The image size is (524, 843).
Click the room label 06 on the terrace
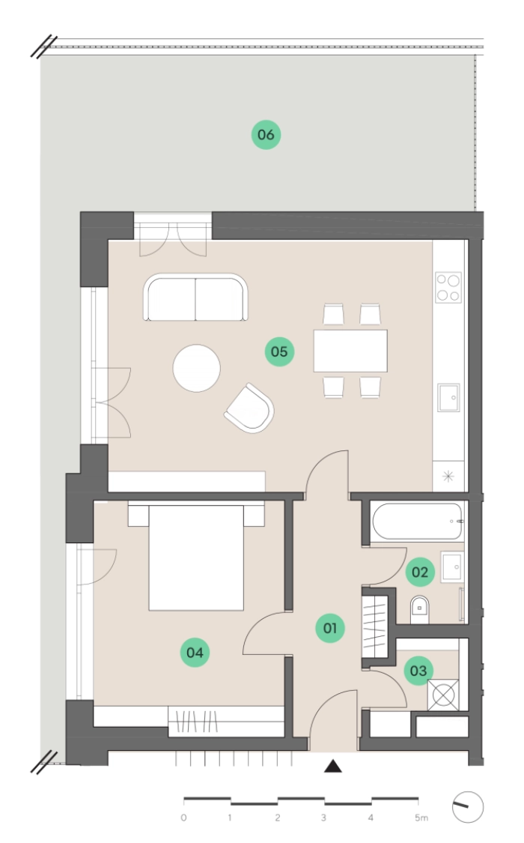click(266, 134)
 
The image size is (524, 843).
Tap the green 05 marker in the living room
click(279, 351)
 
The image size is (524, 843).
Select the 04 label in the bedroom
click(195, 652)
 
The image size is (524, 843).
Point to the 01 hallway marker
click(329, 627)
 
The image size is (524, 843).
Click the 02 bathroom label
click(420, 572)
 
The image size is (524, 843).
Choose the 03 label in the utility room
click(418, 671)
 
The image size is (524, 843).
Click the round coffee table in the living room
click(196, 368)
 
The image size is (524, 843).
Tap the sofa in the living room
click(196, 297)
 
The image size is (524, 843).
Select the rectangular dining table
click(350, 351)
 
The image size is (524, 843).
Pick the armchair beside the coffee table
click(249, 408)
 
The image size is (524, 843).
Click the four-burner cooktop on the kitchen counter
click(448, 287)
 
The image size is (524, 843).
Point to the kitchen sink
click(448, 397)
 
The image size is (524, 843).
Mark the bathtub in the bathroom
click(417, 521)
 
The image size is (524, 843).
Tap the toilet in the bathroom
click(420, 609)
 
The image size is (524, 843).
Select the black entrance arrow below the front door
click(333, 766)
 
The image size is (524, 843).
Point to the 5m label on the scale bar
click(421, 818)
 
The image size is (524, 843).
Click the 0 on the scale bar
click(184, 818)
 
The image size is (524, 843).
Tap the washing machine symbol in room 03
click(443, 695)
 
